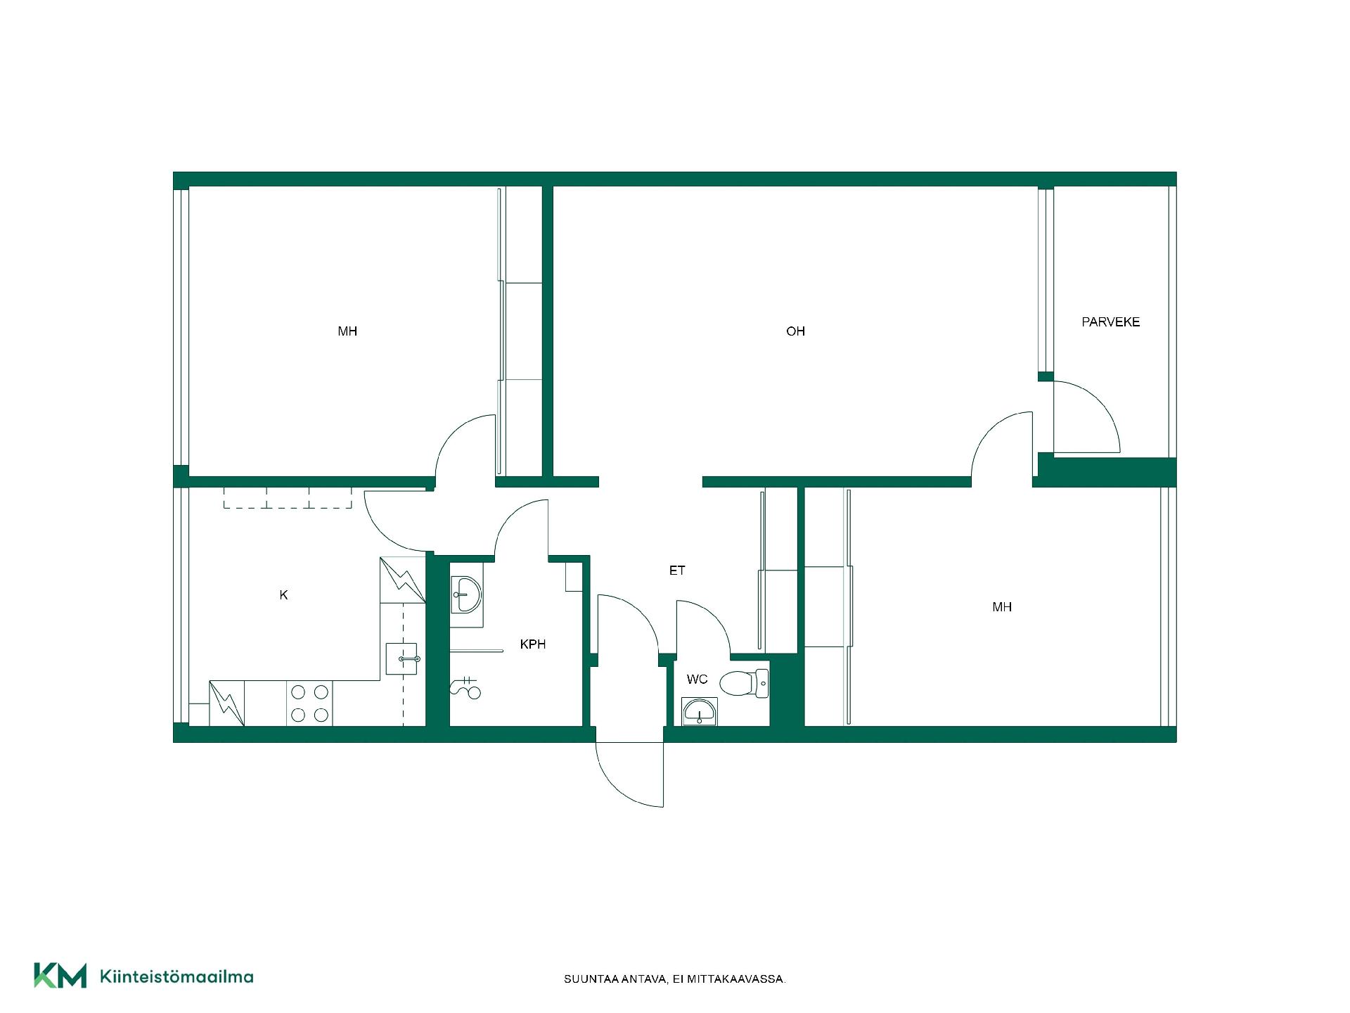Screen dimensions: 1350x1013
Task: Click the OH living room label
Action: coord(795,331)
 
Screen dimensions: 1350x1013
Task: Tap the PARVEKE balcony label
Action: coord(1110,322)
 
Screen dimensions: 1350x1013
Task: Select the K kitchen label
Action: coord(283,595)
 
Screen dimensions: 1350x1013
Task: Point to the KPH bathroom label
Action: coord(532,644)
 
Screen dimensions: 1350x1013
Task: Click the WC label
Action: coord(697,680)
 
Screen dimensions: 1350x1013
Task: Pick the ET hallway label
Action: coord(677,571)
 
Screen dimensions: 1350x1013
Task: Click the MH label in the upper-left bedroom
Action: coord(347,331)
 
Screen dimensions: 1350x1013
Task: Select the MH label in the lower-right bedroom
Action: coord(1002,607)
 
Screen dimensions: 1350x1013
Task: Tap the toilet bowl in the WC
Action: coord(744,683)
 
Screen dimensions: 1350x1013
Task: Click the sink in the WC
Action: coord(700,712)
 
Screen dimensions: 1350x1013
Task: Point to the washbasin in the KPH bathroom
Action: coord(466,594)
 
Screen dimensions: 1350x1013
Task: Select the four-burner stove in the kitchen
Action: coord(309,703)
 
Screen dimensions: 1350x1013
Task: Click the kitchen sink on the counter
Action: coord(401,659)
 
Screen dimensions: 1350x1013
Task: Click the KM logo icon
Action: coord(60,976)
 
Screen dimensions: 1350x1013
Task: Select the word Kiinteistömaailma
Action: coord(176,976)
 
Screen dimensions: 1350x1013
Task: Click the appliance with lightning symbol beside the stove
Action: coord(227,703)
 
